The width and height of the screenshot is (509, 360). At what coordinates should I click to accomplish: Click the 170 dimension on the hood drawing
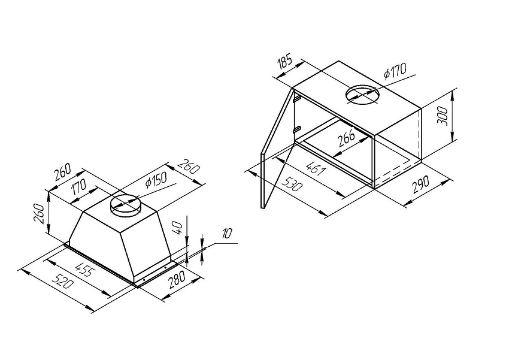[79, 187]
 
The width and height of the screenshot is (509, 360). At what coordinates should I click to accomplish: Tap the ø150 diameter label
[156, 180]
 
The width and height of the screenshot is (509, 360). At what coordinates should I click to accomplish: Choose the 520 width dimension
[64, 281]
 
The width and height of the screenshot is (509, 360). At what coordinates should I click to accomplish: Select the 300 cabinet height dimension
[442, 117]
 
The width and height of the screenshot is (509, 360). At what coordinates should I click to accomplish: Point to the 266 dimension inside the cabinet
[346, 138]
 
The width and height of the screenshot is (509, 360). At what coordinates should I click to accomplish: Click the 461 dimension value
[315, 168]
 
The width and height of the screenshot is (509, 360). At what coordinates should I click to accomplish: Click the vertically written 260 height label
[40, 213]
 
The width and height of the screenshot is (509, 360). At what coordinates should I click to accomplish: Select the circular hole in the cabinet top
[362, 95]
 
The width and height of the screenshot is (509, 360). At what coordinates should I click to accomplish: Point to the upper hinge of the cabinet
[296, 98]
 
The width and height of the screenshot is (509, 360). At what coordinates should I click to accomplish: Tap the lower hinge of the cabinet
[296, 129]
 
